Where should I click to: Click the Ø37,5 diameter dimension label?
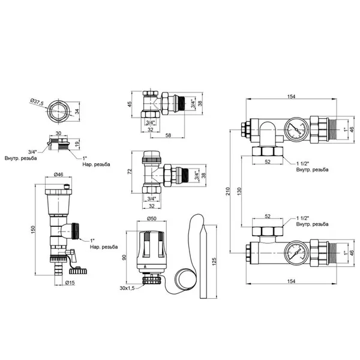37,102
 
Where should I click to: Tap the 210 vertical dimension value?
228,191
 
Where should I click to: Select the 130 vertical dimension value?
239,191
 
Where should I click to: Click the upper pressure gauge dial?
296,129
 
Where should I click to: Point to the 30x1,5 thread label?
127,288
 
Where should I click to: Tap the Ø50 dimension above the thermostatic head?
152,218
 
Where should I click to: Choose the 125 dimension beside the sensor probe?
214,262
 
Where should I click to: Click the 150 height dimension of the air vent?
34,230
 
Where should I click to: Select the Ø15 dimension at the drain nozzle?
70,283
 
